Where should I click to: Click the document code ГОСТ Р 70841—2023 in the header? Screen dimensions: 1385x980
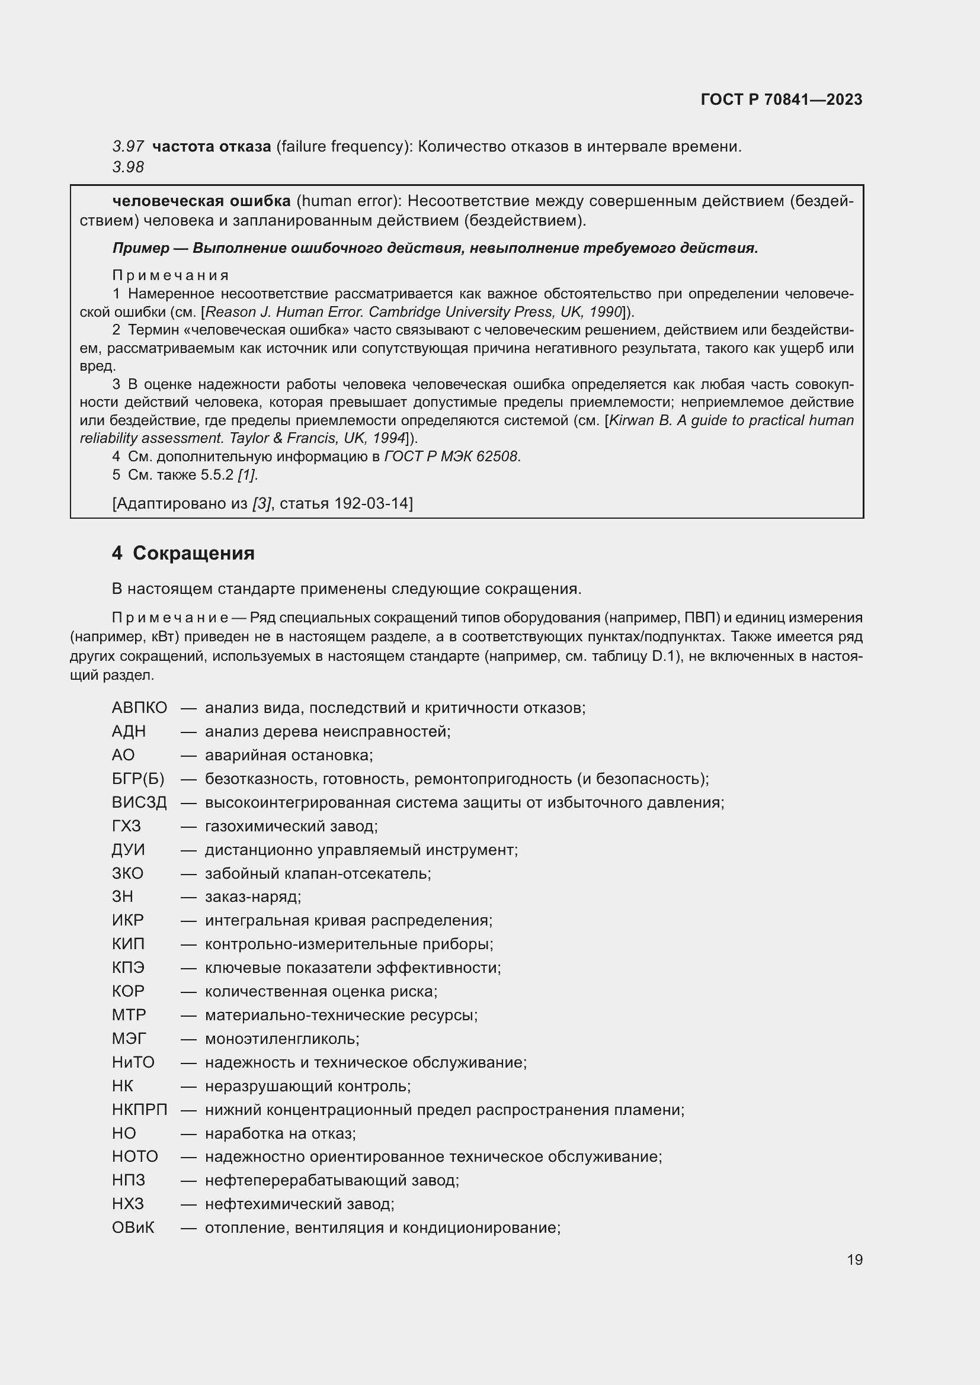pyautogui.click(x=781, y=99)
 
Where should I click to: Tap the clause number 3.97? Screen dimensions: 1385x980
pyautogui.click(x=128, y=147)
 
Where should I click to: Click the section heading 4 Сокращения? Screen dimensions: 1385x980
pyautogui.click(x=183, y=552)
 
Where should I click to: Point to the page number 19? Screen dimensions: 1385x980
pyautogui.click(x=854, y=1259)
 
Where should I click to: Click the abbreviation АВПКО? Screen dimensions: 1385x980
pyautogui.click(x=139, y=708)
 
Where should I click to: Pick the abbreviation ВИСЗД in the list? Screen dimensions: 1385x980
pyautogui.click(x=139, y=802)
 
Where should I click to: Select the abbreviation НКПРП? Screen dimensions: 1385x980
pyautogui.click(x=139, y=1109)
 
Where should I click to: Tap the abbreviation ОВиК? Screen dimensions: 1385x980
pyautogui.click(x=133, y=1227)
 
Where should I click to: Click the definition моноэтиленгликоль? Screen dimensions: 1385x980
pyautogui.click(x=282, y=1039)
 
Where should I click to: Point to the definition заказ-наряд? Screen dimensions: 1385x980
pyautogui.click(x=252, y=897)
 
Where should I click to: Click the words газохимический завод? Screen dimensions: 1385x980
pyautogui.click(x=291, y=826)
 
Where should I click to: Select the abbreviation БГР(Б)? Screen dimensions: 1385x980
pyautogui.click(x=138, y=779)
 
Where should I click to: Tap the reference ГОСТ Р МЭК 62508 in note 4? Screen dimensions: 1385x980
pyautogui.click(x=451, y=457)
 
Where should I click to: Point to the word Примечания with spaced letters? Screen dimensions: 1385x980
pyautogui.click(x=170, y=276)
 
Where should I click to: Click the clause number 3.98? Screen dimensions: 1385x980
pyautogui.click(x=128, y=167)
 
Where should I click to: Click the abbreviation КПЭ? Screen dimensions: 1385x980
pyautogui.click(x=128, y=968)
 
